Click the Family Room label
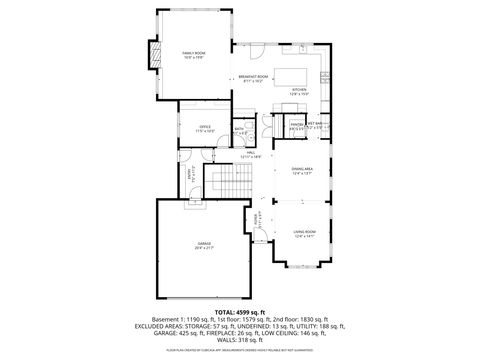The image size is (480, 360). coord(193,54)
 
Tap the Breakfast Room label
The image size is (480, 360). coord(254,79)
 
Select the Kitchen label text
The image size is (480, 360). coord(298,91)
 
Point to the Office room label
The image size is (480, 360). coord(204,129)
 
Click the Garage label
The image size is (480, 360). coord(203,245)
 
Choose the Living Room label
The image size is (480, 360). coord(303,235)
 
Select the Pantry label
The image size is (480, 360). coord(297,127)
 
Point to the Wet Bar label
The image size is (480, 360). coord(314,127)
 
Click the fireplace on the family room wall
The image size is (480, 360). coord(153,56)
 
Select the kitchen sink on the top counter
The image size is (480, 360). coord(301,46)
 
